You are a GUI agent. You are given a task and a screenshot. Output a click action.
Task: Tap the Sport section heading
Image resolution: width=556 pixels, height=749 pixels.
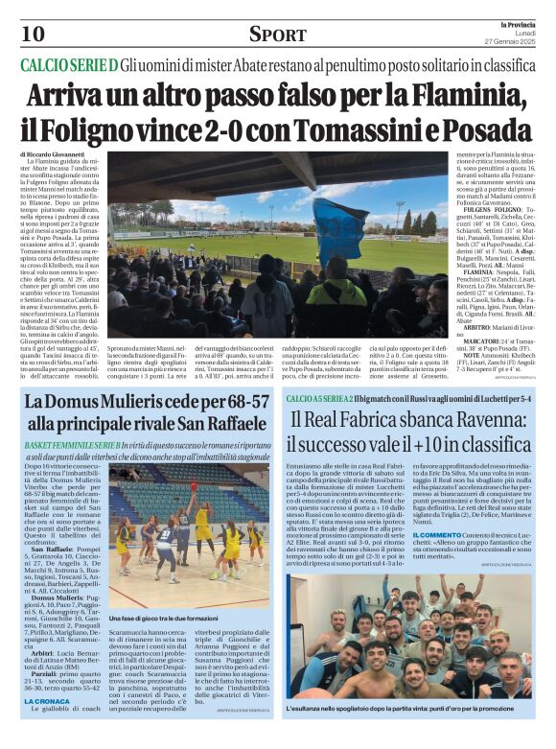278,35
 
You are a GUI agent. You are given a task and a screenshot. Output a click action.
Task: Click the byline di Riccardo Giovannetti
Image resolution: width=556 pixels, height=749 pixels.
57,153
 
